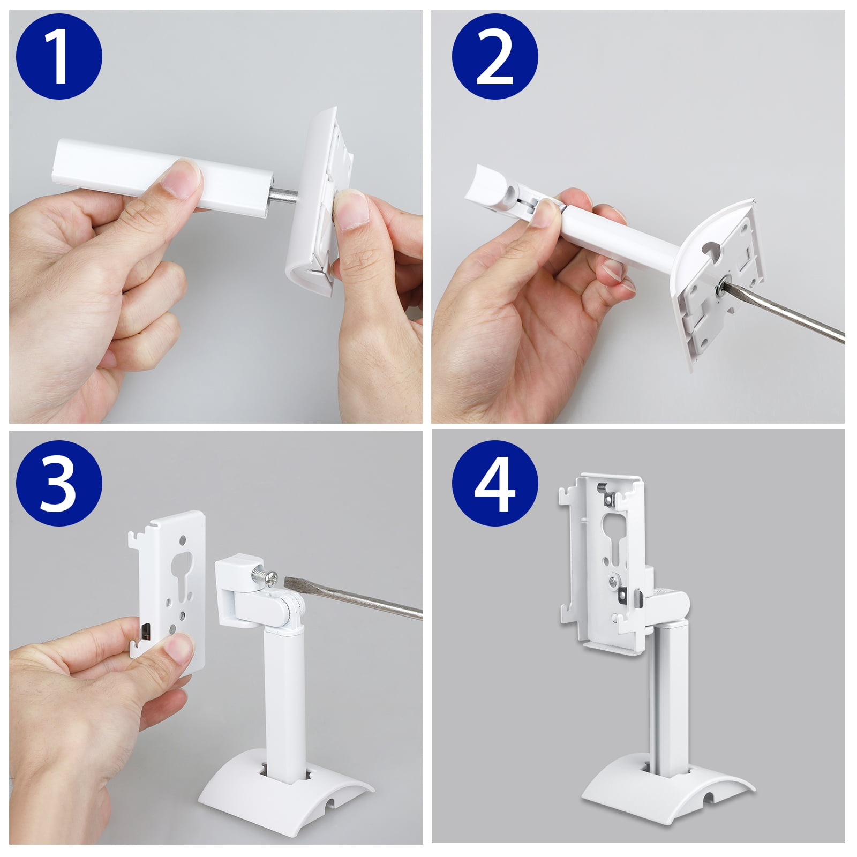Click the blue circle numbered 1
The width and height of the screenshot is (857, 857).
click(x=59, y=56)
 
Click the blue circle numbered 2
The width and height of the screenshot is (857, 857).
click(x=494, y=56)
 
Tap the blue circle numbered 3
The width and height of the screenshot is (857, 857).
click(x=59, y=484)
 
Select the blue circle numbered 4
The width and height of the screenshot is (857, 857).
click(x=494, y=484)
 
